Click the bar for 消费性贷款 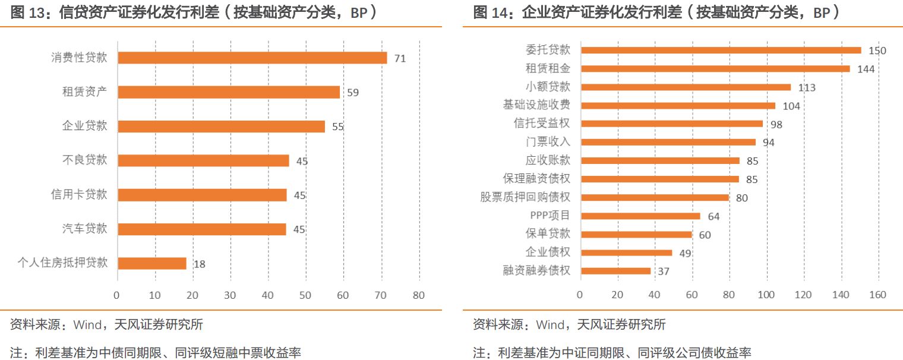(x=252, y=58)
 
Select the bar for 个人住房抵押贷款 (x=152, y=263)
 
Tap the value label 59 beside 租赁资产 (x=353, y=93)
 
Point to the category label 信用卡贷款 (x=79, y=194)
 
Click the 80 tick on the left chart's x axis (x=419, y=295)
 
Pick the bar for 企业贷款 (x=221, y=127)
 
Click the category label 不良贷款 (x=85, y=160)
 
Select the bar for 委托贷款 (x=721, y=50)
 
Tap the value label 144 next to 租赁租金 (x=866, y=70)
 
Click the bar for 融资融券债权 (x=615, y=271)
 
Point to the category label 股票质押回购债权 (x=525, y=197)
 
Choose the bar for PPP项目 (x=640, y=216)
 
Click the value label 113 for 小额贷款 (x=807, y=88)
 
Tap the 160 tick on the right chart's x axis (x=877, y=295)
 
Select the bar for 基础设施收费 (x=678, y=106)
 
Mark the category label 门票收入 (x=548, y=142)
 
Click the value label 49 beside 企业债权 (x=685, y=254)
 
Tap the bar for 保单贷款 (x=636, y=235)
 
